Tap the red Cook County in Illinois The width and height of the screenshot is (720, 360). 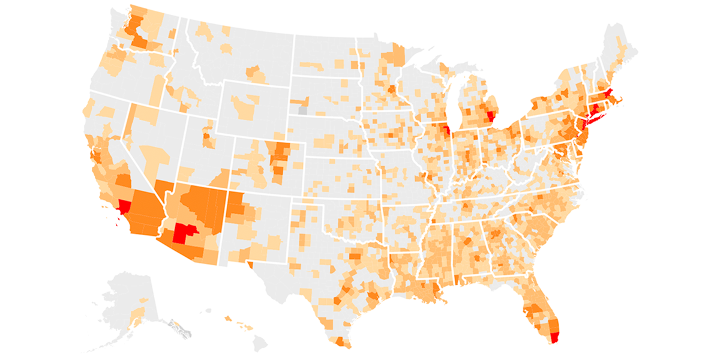coord(446,130)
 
